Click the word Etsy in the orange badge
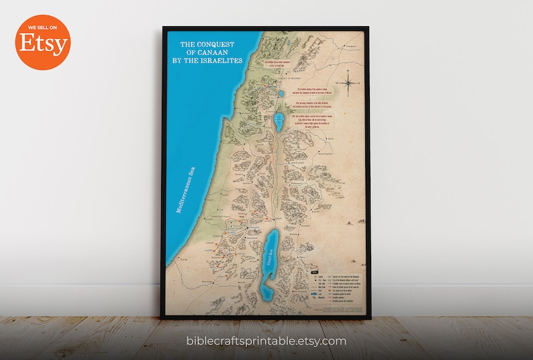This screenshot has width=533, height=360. (x=42, y=45)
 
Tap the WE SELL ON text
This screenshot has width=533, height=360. (x=42, y=29)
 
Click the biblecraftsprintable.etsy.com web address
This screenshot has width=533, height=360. (x=266, y=341)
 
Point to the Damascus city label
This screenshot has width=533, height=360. (x=350, y=46)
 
